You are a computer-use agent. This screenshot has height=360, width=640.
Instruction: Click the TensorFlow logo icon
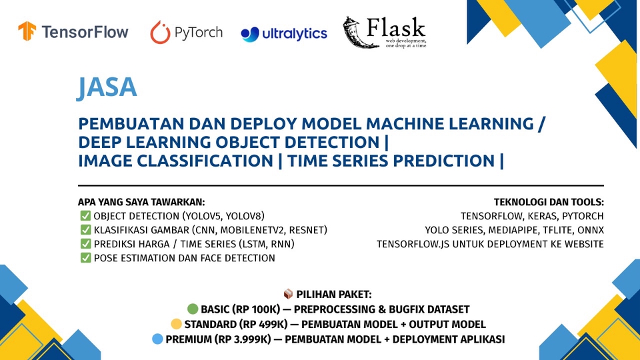pos(27,32)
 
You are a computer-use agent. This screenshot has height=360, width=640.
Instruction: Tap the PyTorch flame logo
pos(160,32)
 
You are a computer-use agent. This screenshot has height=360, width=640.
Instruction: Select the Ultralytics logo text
pos(293,33)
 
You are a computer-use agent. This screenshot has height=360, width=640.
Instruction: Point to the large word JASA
pos(107,87)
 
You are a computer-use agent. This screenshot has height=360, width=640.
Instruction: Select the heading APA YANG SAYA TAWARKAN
pos(141,201)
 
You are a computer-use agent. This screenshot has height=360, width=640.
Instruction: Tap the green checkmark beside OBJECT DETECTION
pos(85,215)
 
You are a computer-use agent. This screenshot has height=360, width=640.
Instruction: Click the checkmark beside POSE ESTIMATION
pos(85,257)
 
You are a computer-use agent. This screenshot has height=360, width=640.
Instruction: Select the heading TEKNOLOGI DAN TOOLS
pos(548,201)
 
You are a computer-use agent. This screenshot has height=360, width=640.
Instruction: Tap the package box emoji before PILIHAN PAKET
pos(288,294)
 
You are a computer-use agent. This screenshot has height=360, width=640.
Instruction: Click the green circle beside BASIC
pos(193,309)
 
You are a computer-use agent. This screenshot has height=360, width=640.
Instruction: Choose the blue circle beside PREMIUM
pos(157,339)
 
